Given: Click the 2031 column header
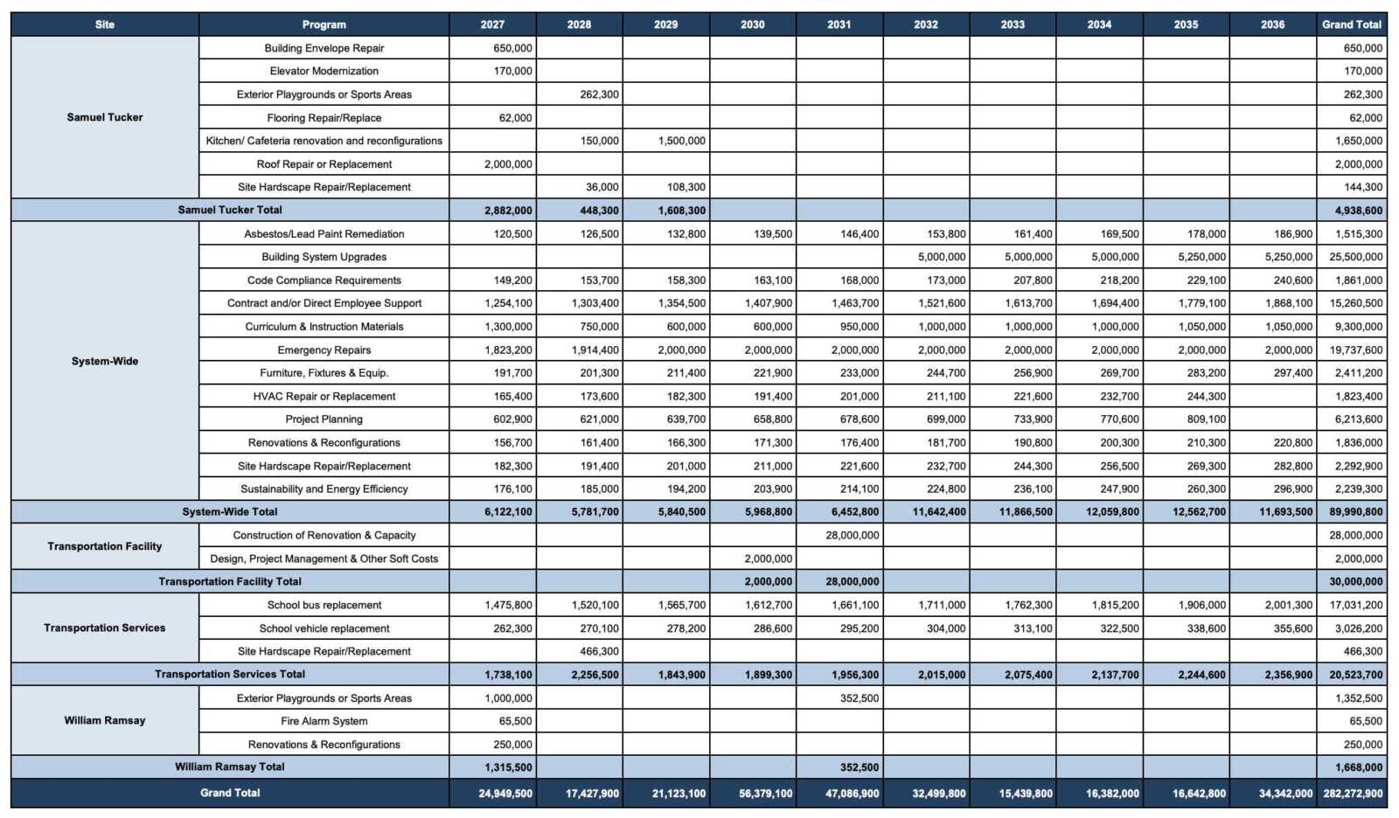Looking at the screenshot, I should (x=839, y=24).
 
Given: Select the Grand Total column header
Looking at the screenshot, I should (x=1351, y=24).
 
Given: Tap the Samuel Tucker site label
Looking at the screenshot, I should (x=105, y=117).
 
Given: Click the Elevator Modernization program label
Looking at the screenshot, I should (x=324, y=71).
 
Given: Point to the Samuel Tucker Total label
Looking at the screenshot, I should (x=230, y=210).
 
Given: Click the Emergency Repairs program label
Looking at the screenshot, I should (x=324, y=350).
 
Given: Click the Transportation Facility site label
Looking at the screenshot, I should (x=105, y=546).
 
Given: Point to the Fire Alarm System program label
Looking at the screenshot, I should (x=324, y=721).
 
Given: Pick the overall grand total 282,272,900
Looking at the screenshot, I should (x=1353, y=794).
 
